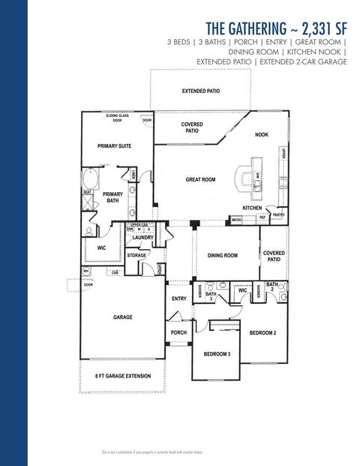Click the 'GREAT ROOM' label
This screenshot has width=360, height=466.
click(201, 180)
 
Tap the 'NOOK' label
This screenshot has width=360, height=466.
click(262, 135)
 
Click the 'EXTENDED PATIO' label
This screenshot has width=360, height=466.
click(202, 91)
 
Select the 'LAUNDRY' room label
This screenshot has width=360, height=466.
click(142, 238)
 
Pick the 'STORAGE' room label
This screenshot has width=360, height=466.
click(136, 256)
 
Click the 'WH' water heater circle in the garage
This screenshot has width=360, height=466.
click(85, 271)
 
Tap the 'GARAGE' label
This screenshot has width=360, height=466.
click(123, 317)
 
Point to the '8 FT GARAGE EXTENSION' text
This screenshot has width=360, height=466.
click(122, 376)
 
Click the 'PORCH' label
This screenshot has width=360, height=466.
click(178, 332)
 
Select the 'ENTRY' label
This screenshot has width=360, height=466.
click(178, 299)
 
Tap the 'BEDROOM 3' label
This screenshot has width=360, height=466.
click(217, 353)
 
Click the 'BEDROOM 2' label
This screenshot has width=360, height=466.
click(263, 332)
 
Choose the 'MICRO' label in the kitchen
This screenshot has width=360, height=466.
click(236, 220)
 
